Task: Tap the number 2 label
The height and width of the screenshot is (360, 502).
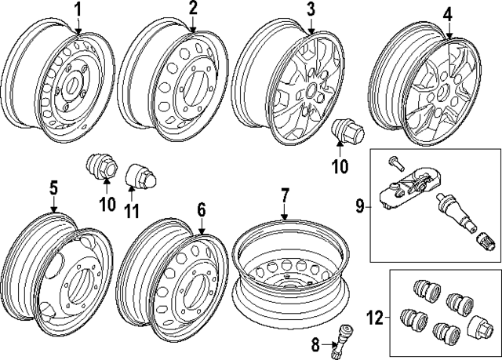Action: [193, 9]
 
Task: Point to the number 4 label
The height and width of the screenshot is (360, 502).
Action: [447, 14]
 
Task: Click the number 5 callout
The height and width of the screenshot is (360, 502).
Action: [53, 187]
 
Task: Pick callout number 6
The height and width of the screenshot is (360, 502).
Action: [202, 209]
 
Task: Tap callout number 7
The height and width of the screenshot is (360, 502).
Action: [285, 193]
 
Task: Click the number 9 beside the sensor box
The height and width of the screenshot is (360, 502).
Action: [359, 207]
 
